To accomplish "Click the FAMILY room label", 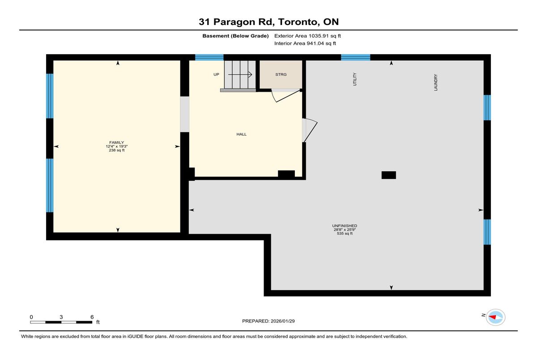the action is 116,143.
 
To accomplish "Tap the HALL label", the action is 241,134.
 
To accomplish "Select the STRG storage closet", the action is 281,75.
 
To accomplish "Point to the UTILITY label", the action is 355,79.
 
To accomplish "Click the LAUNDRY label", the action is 435,82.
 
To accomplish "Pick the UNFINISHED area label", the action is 345,226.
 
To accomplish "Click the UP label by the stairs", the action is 216,75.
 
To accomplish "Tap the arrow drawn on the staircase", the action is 240,75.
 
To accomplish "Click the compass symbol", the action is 495,318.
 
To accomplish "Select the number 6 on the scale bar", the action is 92,317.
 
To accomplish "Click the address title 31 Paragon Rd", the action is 236,22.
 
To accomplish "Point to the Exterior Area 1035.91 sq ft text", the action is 307,36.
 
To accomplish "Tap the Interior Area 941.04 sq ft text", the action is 305,43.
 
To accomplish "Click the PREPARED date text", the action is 268,321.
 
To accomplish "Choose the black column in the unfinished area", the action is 388,175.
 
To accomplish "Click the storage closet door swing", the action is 286,96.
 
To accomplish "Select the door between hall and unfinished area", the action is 310,130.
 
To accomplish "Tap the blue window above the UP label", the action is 209,58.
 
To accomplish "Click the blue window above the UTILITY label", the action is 355,58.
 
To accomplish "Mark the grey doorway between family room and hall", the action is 184,114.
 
